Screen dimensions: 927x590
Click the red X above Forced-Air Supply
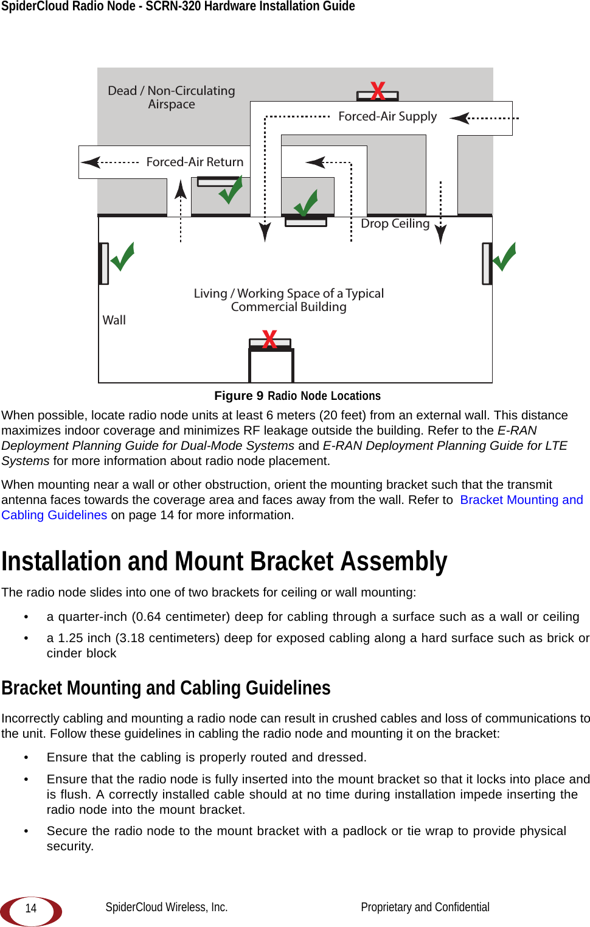(378, 91)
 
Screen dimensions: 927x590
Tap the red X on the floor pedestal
(269, 339)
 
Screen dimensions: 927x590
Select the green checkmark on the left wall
(122, 257)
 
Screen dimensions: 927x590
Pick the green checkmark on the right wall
(504, 257)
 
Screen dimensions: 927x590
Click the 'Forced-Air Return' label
(195, 162)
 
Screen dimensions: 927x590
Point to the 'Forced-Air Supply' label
(387, 116)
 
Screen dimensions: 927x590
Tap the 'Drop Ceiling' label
(395, 223)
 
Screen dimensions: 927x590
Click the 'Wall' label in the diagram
(114, 320)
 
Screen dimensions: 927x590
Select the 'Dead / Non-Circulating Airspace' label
(172, 97)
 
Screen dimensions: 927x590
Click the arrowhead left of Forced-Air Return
(91, 162)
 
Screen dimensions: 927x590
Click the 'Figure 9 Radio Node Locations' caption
(297, 396)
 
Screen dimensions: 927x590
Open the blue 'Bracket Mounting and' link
(521, 500)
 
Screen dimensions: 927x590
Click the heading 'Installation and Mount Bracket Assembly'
(224, 561)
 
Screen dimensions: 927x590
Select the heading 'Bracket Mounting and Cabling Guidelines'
(166, 688)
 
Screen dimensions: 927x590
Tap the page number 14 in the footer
(31, 908)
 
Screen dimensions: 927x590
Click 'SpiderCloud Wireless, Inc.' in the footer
(167, 907)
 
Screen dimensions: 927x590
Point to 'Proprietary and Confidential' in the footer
(425, 907)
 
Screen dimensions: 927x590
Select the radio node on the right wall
(487, 264)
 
